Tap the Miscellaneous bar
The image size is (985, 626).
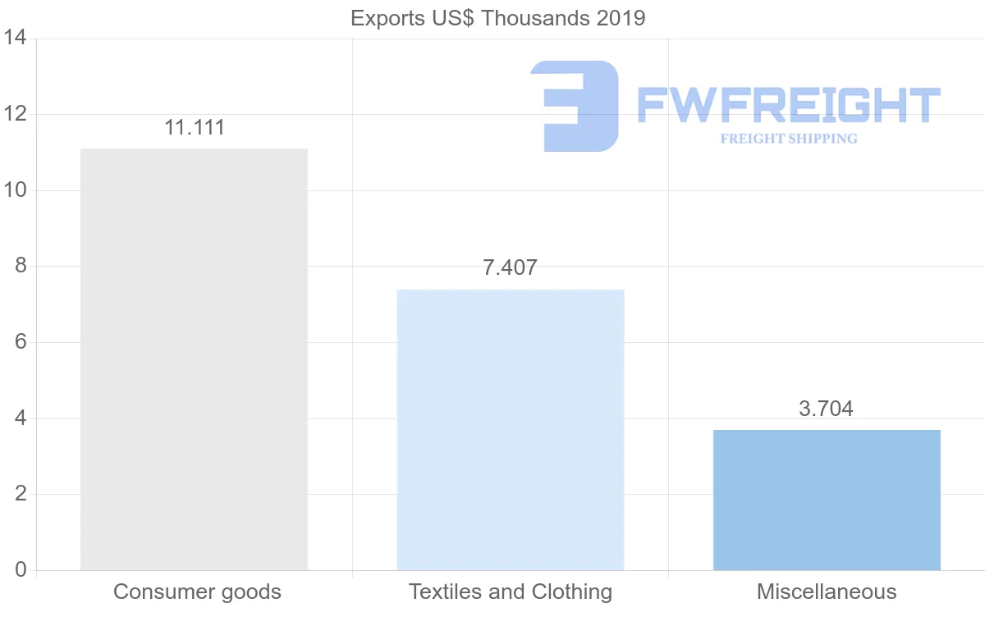click(x=827, y=500)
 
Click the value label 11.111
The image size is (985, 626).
click(x=195, y=128)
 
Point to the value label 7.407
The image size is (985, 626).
click(x=510, y=268)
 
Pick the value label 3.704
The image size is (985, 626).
click(x=826, y=409)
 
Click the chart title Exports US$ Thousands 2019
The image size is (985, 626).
click(x=498, y=18)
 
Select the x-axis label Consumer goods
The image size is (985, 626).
click(x=197, y=592)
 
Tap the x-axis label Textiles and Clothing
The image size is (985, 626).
click(x=511, y=592)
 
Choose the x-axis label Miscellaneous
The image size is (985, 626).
click(x=827, y=592)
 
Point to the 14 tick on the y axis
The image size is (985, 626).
click(x=14, y=39)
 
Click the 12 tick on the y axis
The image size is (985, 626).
click(x=14, y=114)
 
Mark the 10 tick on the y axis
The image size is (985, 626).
click(x=14, y=190)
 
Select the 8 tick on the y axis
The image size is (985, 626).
click(x=20, y=267)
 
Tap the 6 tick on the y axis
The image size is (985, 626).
click(x=20, y=342)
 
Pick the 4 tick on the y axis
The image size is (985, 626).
click(x=20, y=418)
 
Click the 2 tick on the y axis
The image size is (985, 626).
click(x=20, y=494)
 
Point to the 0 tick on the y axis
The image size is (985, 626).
click(x=20, y=570)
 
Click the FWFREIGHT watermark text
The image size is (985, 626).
click(x=788, y=105)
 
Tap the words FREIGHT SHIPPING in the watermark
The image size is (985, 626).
click(x=788, y=139)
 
